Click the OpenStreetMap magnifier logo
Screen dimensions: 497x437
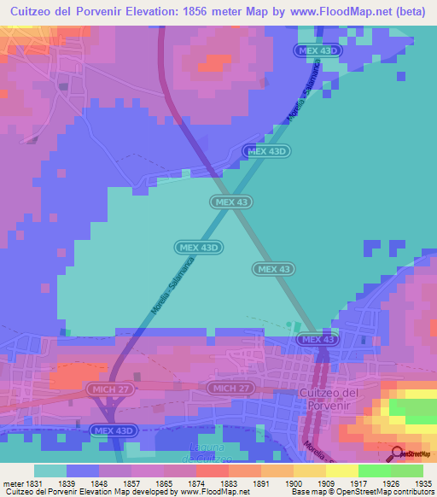click(x=397, y=453)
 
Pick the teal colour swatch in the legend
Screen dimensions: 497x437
click(x=50, y=471)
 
